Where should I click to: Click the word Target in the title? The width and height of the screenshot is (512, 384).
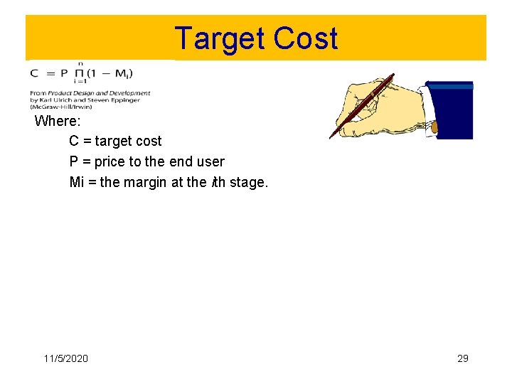click(217, 38)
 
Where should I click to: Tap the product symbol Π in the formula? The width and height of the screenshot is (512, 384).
click(80, 74)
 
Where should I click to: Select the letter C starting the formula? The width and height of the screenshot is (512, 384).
click(34, 74)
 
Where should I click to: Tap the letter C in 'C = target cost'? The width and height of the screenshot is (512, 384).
click(74, 142)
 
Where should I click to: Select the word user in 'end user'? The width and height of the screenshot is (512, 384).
click(210, 161)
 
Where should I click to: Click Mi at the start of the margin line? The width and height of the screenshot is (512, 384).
click(77, 182)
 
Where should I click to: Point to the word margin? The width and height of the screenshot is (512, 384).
click(146, 182)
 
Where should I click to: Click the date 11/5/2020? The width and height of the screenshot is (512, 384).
click(65, 358)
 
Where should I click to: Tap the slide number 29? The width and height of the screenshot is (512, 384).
click(462, 358)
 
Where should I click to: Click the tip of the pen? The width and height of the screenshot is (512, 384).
click(331, 137)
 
